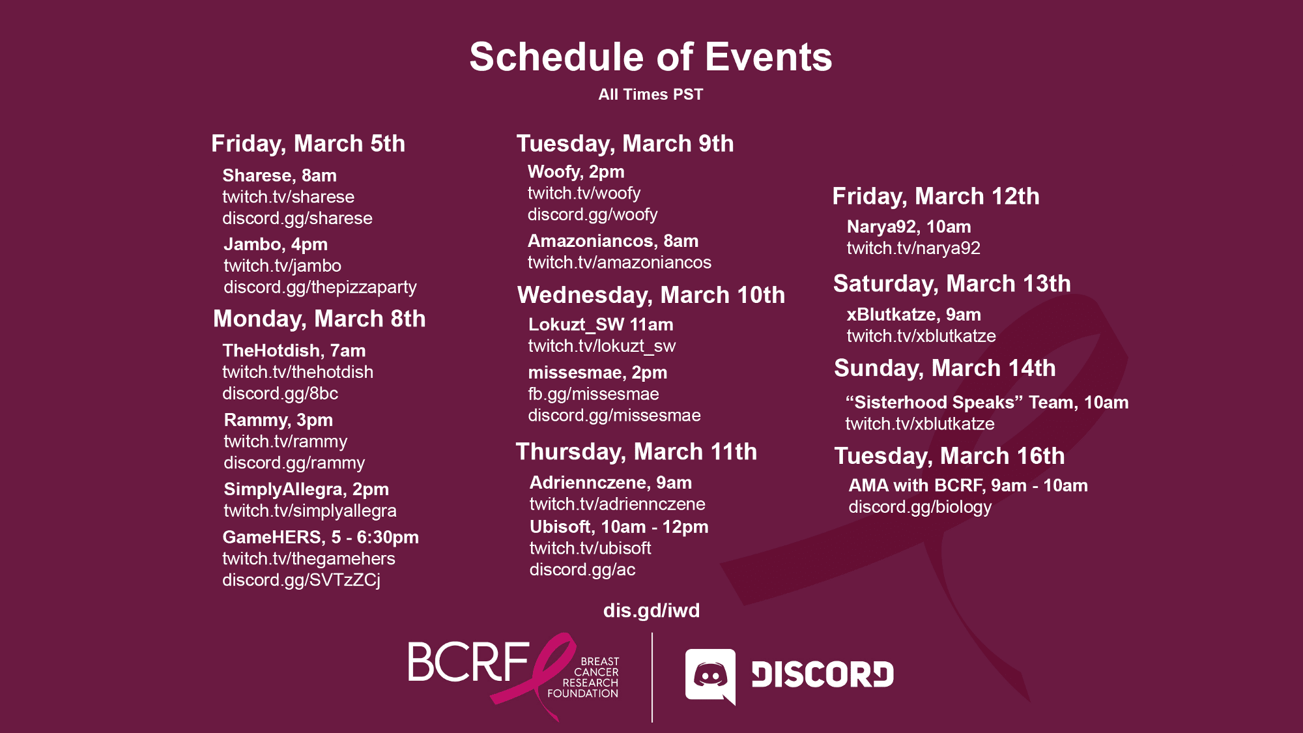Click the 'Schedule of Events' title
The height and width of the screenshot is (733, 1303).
(x=651, y=57)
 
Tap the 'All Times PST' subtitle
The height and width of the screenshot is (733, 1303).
(x=651, y=94)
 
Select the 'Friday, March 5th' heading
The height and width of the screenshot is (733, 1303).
(x=308, y=144)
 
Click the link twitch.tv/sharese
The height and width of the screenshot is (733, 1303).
(x=289, y=197)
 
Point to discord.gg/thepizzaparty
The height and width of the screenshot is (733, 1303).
(x=320, y=287)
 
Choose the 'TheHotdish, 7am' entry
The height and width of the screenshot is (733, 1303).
(x=294, y=351)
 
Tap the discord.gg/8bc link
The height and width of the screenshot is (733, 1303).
(x=280, y=394)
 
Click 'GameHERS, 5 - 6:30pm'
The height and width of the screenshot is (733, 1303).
(x=321, y=538)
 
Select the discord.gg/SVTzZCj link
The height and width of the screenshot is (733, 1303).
(x=302, y=580)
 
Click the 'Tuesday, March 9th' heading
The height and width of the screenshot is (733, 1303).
(x=625, y=144)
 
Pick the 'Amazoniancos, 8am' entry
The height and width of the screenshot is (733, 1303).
(x=613, y=241)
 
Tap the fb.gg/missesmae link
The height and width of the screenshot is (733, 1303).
(x=594, y=394)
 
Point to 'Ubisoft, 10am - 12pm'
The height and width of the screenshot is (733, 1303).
(x=619, y=527)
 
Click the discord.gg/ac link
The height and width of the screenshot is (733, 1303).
(x=582, y=569)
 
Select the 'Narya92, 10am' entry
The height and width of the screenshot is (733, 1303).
(x=909, y=227)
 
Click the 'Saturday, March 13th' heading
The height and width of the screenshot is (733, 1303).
(x=952, y=284)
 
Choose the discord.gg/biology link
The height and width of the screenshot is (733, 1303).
(x=920, y=507)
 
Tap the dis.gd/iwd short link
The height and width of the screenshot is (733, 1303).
(x=651, y=611)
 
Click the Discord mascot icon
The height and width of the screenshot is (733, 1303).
(x=711, y=676)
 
